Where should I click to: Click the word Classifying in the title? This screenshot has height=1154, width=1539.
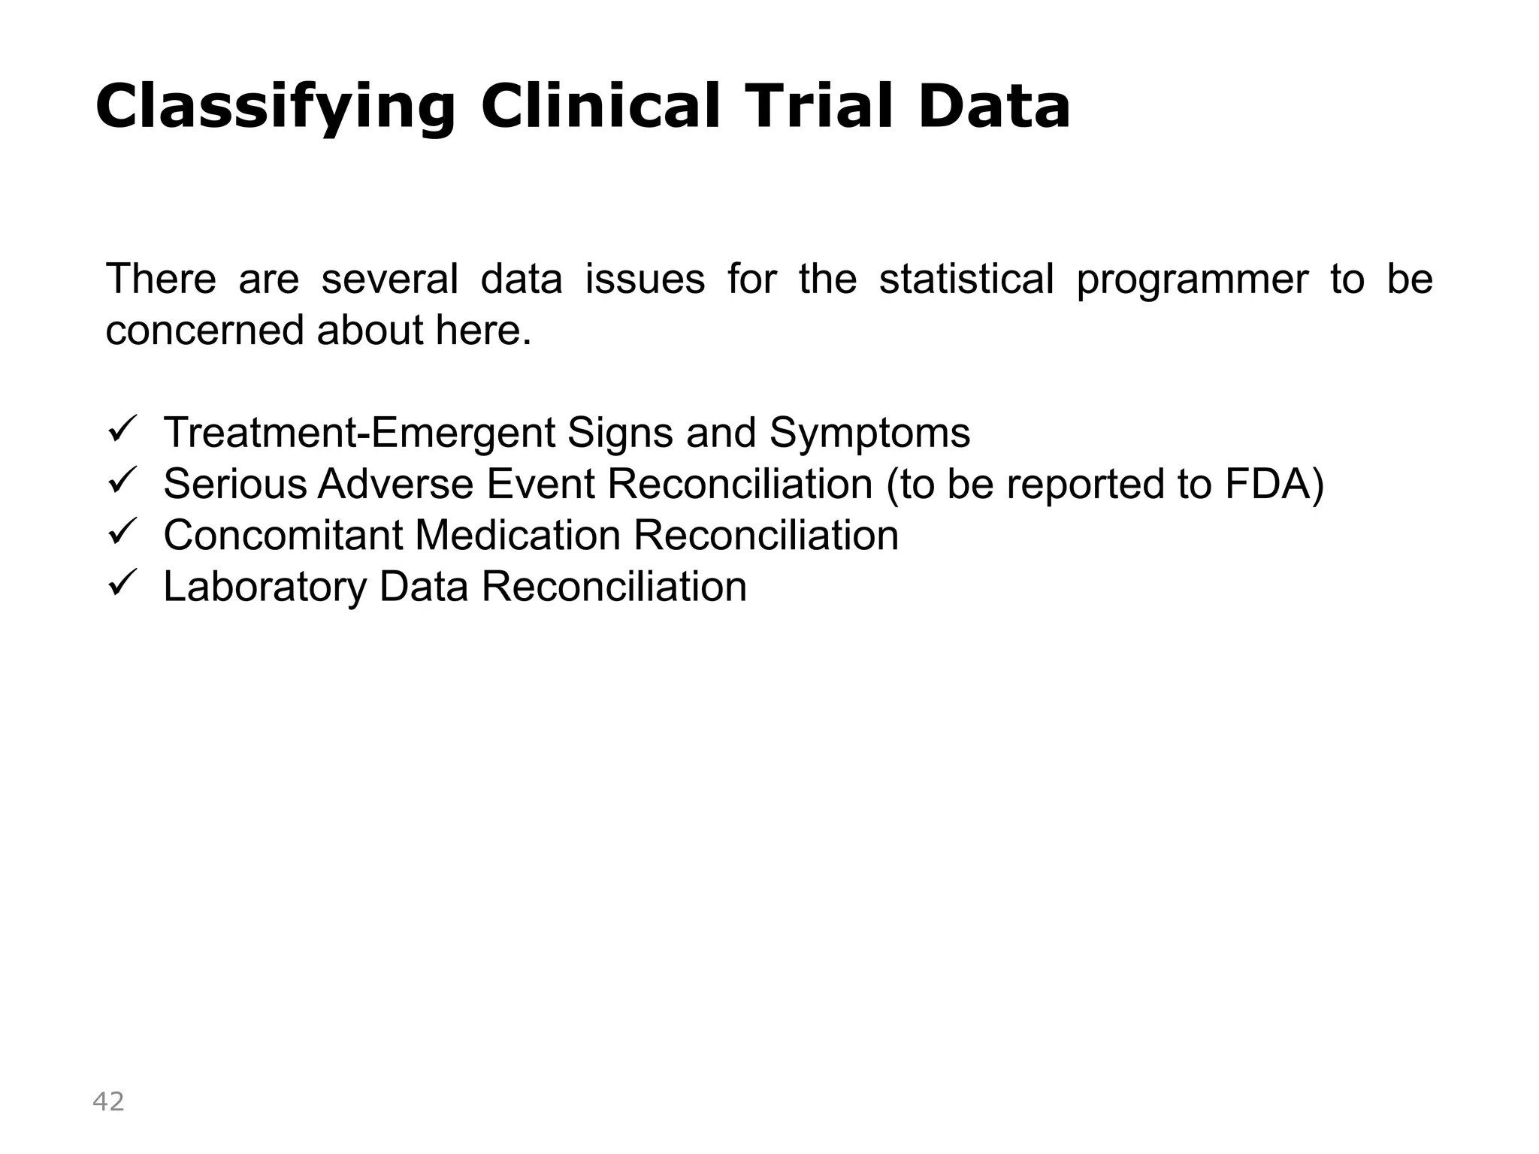pyautogui.click(x=275, y=107)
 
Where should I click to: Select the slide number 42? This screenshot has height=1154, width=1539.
pyautogui.click(x=108, y=1101)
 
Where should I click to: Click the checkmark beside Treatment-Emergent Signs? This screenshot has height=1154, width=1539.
pyautogui.click(x=122, y=430)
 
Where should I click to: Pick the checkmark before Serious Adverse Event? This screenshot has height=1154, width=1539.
pyautogui.click(x=122, y=482)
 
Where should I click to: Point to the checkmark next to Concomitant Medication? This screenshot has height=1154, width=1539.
pyautogui.click(x=122, y=533)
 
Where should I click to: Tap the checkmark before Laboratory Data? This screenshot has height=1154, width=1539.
pyautogui.click(x=122, y=584)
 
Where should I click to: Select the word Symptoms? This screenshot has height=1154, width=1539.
pyautogui.click(x=869, y=433)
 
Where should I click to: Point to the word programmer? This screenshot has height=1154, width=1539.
pyautogui.click(x=1193, y=279)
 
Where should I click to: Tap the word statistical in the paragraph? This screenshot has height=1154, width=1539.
pyautogui.click(x=966, y=279)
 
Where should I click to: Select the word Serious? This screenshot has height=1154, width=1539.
pyautogui.click(x=234, y=483)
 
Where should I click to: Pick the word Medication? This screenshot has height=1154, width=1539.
pyautogui.click(x=518, y=535)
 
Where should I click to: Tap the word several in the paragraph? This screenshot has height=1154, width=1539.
pyautogui.click(x=389, y=279)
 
